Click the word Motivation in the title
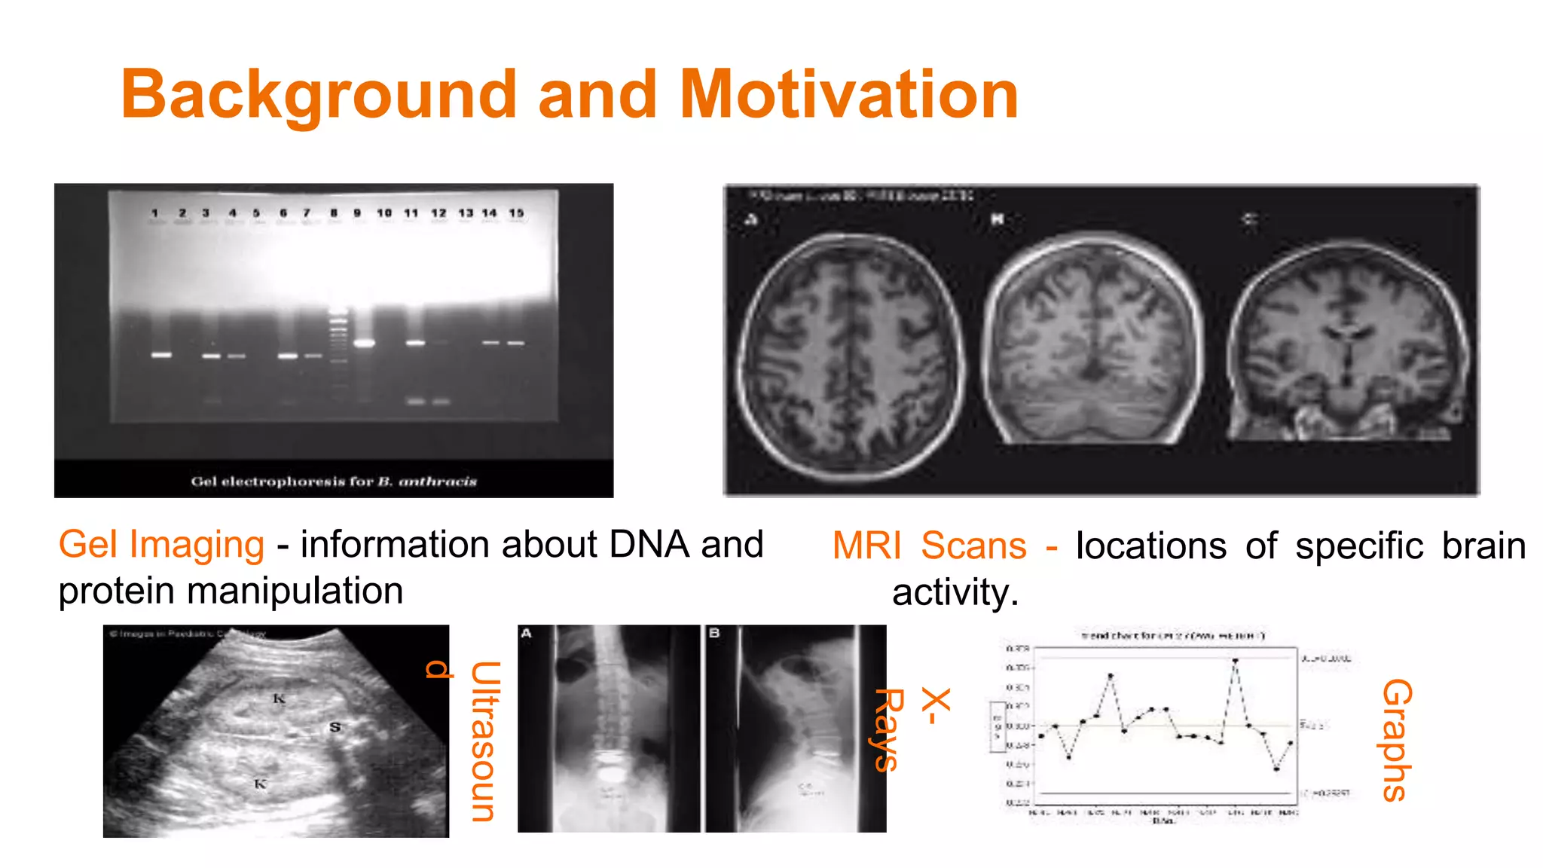[848, 95]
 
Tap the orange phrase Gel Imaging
[161, 545]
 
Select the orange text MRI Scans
[929, 546]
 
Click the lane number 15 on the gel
[516, 213]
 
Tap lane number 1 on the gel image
[155, 213]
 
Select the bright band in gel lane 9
[365, 344]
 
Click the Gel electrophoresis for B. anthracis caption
[334, 481]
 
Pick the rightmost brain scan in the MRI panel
[1347, 343]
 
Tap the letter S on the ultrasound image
[335, 727]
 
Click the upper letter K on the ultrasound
[279, 698]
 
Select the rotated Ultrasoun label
[484, 741]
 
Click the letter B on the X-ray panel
[713, 633]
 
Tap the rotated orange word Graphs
[1396, 740]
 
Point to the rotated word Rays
[888, 729]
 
